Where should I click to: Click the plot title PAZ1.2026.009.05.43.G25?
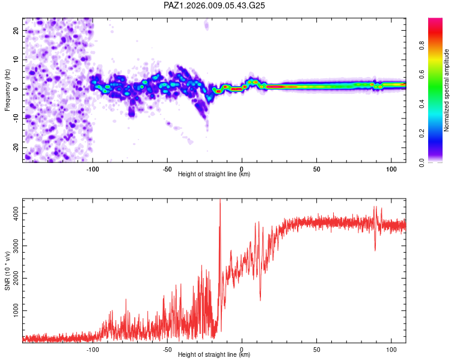click(x=215, y=5)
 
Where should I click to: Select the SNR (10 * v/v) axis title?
click(x=7, y=271)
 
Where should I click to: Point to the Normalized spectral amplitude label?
click(x=447, y=90)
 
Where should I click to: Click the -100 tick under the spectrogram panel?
click(x=93, y=169)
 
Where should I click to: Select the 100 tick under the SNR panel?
click(x=391, y=350)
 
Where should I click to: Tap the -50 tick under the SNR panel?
click(x=167, y=350)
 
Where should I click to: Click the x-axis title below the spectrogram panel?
click(x=214, y=174)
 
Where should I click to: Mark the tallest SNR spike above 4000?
click(x=220, y=201)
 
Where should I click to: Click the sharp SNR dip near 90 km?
click(x=375, y=249)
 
